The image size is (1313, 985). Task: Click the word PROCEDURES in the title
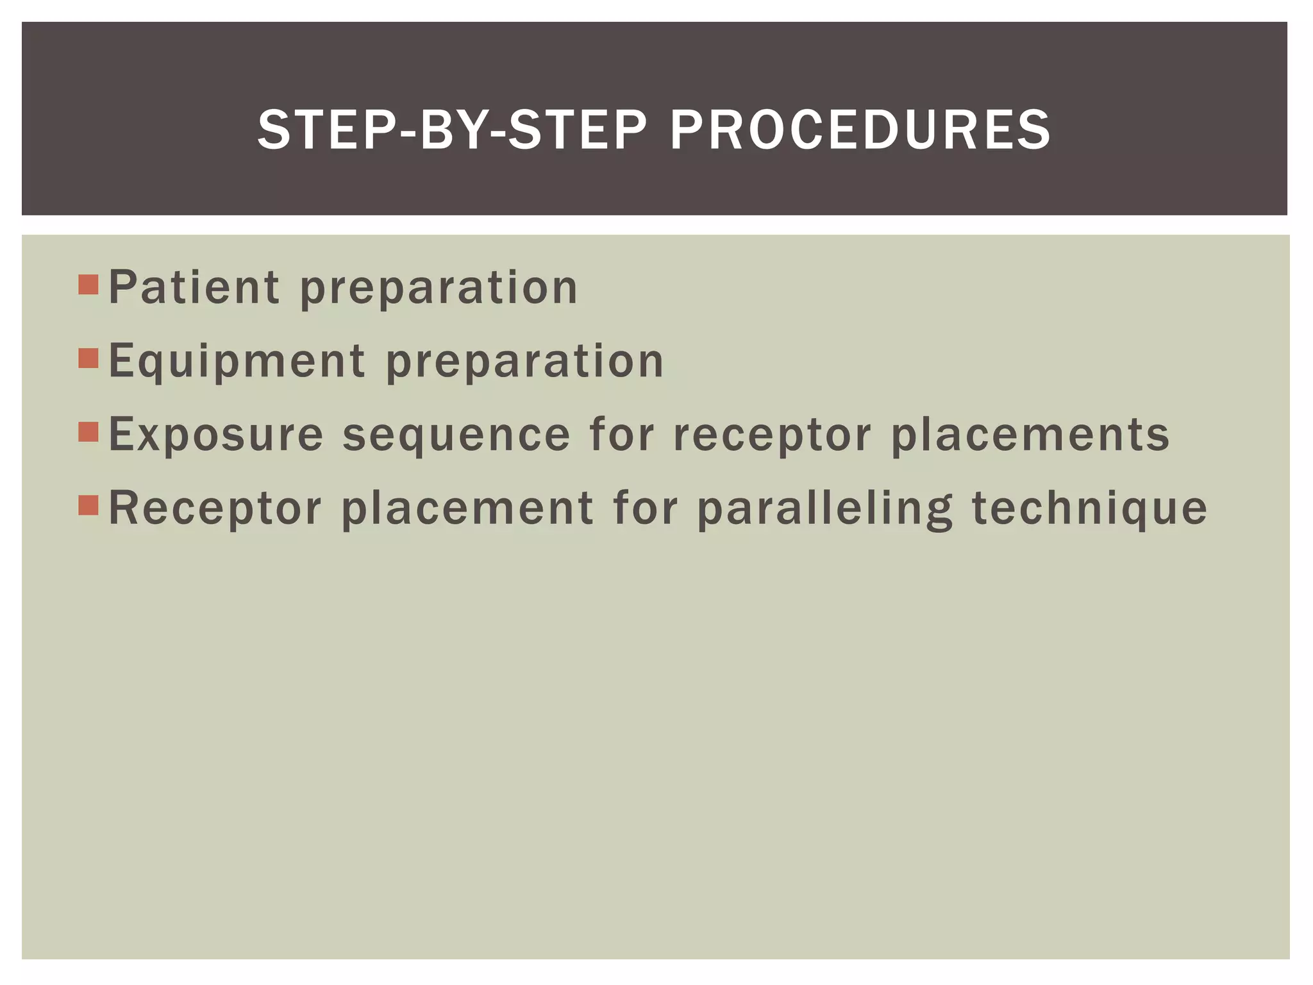[860, 130]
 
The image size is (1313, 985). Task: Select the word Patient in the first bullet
[194, 287]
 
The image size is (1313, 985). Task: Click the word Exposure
[216, 435]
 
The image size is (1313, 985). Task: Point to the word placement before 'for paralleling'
[467, 509]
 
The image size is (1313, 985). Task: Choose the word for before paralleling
[645, 509]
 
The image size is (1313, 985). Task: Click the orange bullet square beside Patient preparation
[88, 284]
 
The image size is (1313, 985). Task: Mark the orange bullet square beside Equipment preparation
[88, 358]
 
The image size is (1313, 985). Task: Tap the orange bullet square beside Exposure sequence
[88, 432]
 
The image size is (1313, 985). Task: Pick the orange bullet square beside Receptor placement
[88, 505]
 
